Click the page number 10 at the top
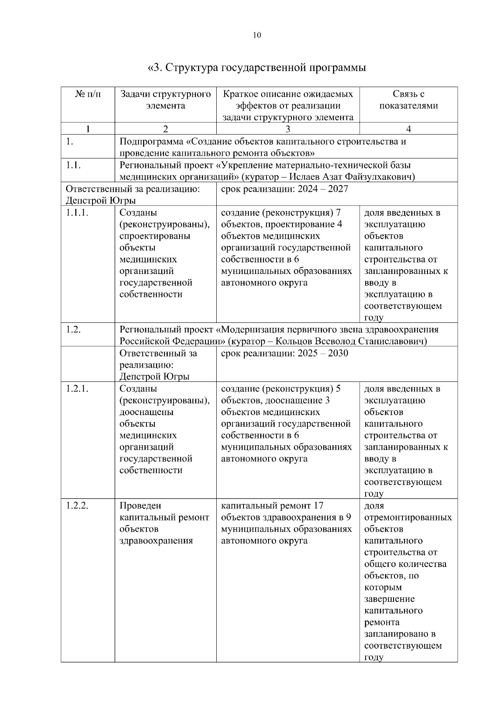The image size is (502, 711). pos(257,35)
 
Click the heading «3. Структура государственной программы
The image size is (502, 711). pos(257,67)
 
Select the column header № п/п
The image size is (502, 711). pos(88,94)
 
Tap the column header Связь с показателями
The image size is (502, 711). pos(408,100)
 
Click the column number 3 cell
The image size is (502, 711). pos(288,129)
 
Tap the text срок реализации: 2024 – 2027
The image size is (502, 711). pos(284,189)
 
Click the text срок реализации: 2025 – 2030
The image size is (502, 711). pos(284,353)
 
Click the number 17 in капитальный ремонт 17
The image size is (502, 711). pos(318,506)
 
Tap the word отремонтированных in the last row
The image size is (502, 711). pos(408,518)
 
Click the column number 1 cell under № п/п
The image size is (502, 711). pos(88,129)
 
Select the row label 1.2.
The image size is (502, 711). pos(73,330)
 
